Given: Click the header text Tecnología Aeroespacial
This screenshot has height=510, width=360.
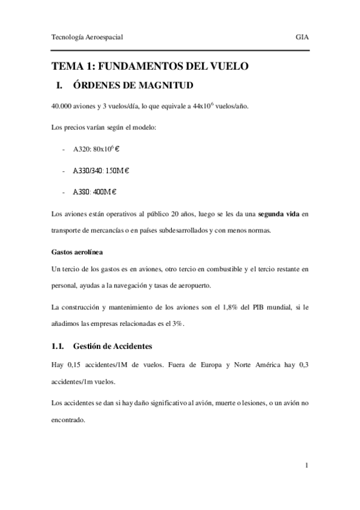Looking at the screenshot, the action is point(88,37).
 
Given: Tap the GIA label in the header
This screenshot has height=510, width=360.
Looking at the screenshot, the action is point(302,37).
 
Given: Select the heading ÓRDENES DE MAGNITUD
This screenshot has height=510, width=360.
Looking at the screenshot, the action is point(133,85).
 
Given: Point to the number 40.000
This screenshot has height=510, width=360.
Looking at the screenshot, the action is point(63,106).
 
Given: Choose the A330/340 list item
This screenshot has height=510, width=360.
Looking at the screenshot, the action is point(102,171).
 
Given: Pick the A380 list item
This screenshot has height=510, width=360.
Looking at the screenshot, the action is point(94,192).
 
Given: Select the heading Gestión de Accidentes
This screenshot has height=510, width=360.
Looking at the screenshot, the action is point(112,346).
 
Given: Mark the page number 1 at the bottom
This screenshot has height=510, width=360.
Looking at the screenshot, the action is point(307,465).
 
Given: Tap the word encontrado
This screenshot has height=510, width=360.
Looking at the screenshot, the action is point(68,421).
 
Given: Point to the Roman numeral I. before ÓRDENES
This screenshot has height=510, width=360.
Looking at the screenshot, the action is point(59,85).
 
